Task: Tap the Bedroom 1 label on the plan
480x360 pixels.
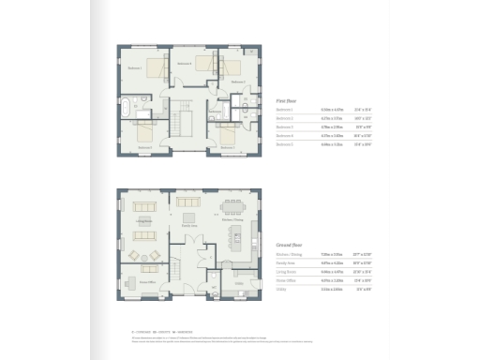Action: [x=134, y=67]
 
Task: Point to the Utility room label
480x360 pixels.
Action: [x=239, y=281]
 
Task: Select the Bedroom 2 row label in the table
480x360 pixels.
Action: [x=285, y=118]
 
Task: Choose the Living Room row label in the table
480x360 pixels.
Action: [x=286, y=272]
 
